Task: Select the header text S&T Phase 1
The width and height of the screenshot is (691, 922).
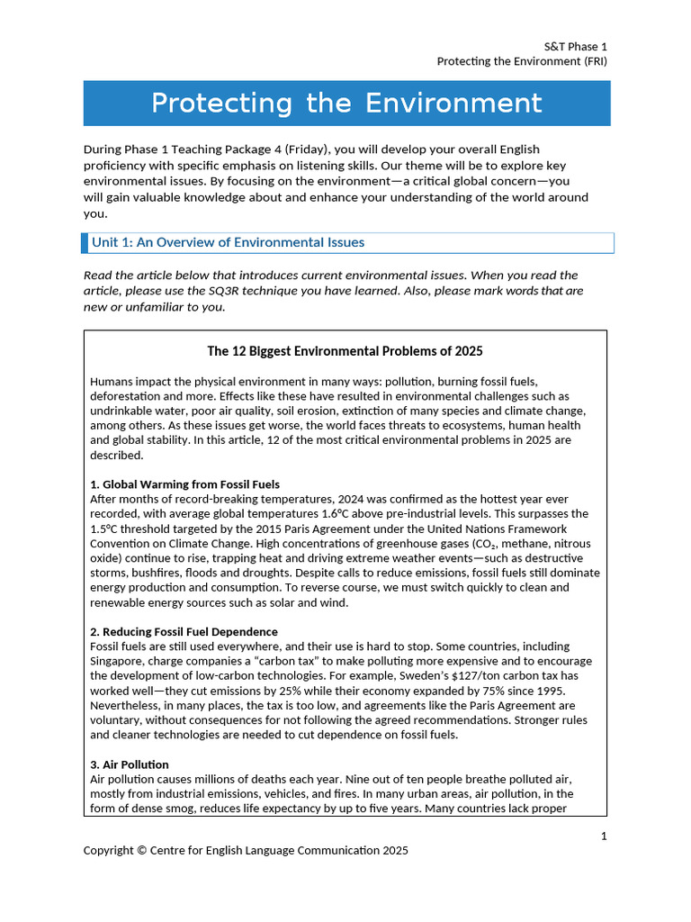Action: tap(576, 46)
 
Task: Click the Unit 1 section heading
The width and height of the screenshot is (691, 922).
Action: tap(228, 242)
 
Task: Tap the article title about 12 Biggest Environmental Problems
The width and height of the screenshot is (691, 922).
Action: tap(345, 350)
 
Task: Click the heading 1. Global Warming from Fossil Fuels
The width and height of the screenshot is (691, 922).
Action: tap(184, 484)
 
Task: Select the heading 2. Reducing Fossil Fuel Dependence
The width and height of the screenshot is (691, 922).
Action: tap(184, 632)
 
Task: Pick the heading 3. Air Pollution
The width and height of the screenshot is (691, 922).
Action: tap(129, 764)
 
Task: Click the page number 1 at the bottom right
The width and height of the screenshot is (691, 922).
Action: tap(604, 836)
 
